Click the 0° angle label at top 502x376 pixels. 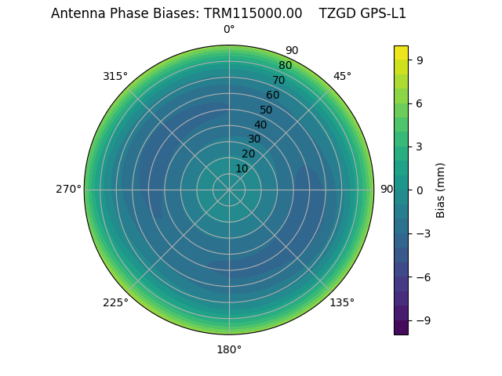tap(229, 30)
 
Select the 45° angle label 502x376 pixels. tap(342, 76)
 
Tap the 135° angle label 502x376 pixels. tap(342, 302)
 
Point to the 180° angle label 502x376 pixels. tap(229, 349)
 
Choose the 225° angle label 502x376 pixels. tap(115, 302)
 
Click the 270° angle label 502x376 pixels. tap(68, 190)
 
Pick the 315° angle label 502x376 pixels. tap(115, 76)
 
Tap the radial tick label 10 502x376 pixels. tap(242, 168)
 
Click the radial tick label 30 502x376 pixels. tap(254, 139)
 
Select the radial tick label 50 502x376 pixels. tap(267, 110)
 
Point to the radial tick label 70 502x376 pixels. tap(278, 81)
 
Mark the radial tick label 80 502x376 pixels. tap(285, 66)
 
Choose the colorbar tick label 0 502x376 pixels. tap(420, 190)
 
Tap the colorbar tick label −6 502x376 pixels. tap(424, 277)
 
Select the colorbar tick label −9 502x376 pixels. tap(424, 320)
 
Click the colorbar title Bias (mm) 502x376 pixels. tap(441, 190)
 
